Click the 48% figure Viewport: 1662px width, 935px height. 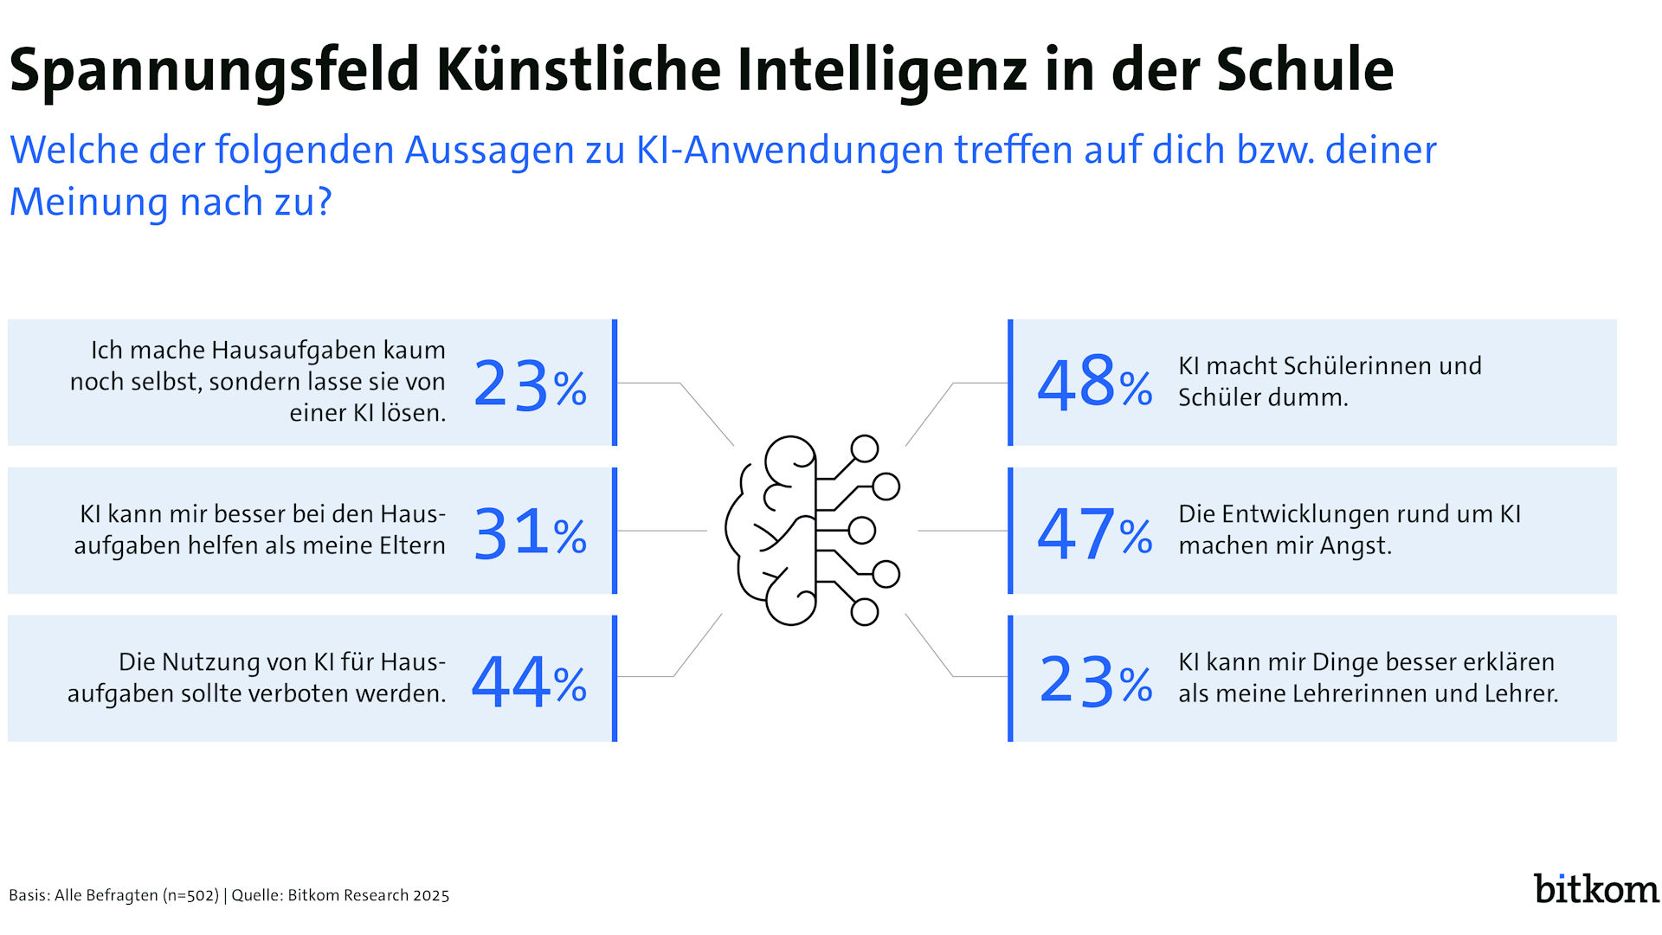click(x=1094, y=383)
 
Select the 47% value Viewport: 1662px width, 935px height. click(x=1094, y=532)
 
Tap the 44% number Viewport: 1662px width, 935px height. click(x=529, y=681)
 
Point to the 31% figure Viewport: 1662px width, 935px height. click(x=530, y=532)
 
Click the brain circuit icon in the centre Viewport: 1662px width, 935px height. click(x=812, y=530)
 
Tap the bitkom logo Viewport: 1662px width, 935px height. click(x=1595, y=889)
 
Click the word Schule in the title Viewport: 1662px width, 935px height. click(x=1304, y=69)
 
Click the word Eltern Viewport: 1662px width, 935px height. click(x=410, y=545)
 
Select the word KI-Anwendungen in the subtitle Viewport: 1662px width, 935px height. click(x=790, y=150)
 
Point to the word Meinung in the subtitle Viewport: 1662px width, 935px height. click(x=88, y=202)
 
